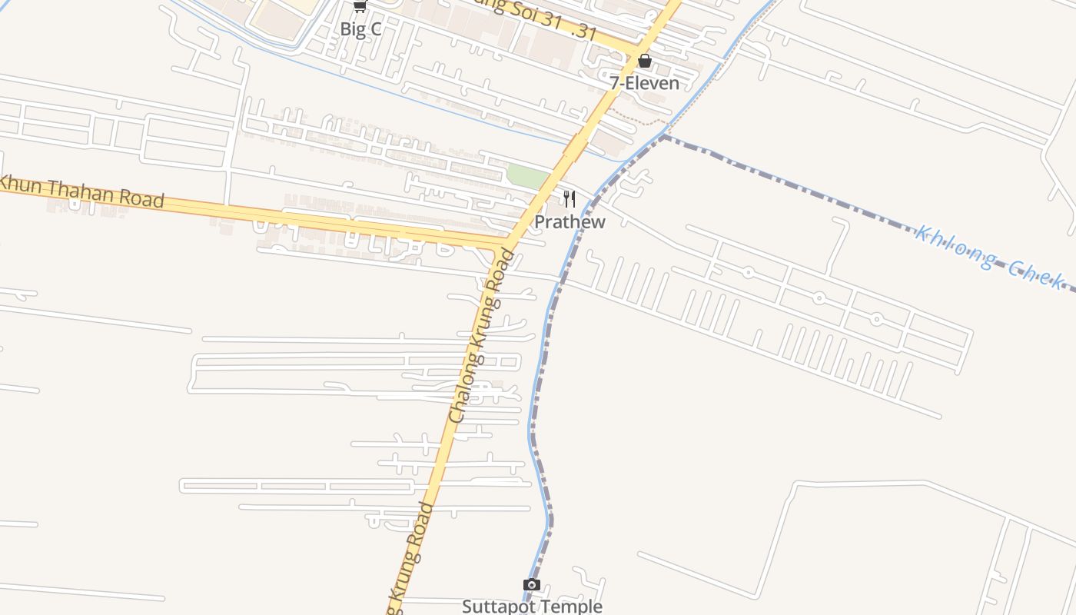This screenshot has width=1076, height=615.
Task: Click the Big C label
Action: [x=360, y=30]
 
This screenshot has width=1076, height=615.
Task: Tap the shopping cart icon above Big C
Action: [x=359, y=5]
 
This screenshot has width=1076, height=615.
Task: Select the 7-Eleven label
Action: [x=644, y=83]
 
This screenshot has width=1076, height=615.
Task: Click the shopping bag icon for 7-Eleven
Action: [x=644, y=60]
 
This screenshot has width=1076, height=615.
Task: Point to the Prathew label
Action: [x=570, y=222]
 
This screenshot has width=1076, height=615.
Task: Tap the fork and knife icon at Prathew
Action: [x=570, y=200]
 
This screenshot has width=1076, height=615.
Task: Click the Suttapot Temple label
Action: [x=531, y=607]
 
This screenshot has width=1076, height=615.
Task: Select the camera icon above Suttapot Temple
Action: [x=531, y=585]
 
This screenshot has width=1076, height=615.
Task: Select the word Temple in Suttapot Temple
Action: [x=569, y=607]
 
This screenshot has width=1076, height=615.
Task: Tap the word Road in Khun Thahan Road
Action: [x=141, y=198]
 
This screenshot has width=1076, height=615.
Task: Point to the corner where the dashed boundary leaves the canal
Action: [x=664, y=136]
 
